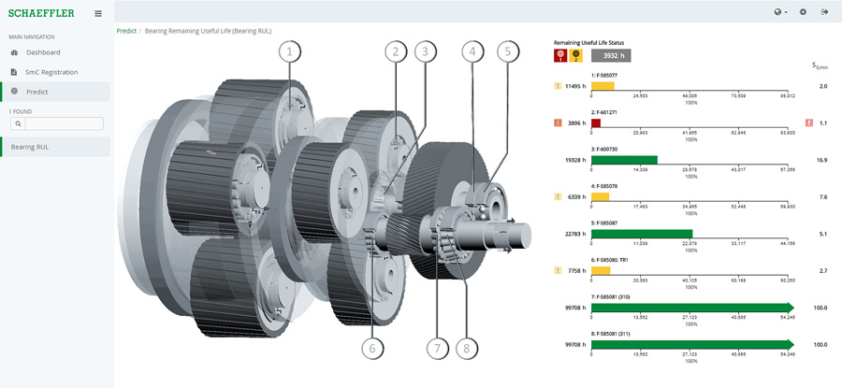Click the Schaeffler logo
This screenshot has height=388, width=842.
41,13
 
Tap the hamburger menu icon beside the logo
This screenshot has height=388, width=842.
98,13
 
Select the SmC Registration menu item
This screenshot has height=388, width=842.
51,72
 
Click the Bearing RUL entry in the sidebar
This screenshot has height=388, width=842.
30,147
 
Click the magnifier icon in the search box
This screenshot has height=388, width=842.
17,123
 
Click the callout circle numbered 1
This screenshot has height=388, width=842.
290,50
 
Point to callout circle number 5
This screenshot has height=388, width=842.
508,50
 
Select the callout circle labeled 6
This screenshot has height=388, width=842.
371,348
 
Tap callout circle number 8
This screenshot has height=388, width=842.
465,348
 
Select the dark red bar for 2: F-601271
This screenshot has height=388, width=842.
596,122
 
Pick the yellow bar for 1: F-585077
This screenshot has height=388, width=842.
602,85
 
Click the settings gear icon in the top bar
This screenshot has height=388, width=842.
803,12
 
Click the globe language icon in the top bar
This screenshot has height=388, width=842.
778,12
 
